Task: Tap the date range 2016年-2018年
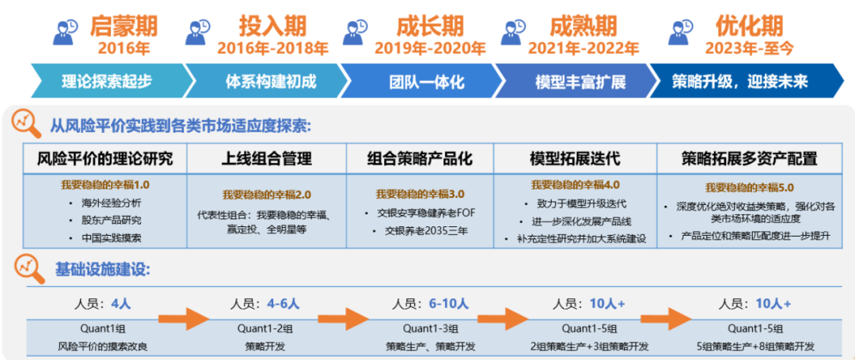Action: tap(272, 48)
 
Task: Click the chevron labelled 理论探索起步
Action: tap(106, 81)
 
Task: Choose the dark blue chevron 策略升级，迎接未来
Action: tap(739, 81)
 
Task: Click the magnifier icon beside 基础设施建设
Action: tap(28, 270)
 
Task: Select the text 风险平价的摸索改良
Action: tap(103, 347)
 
